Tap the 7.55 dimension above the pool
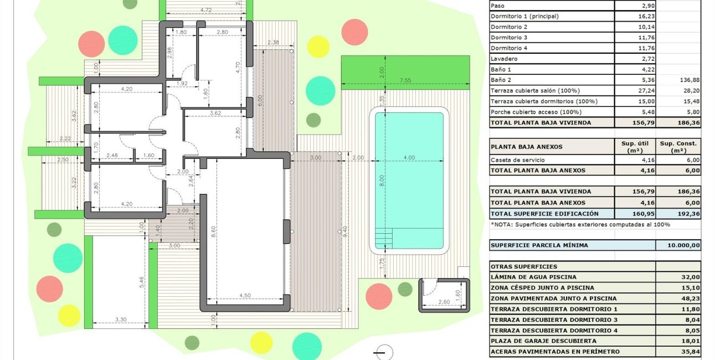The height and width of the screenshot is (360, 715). pos(405,80)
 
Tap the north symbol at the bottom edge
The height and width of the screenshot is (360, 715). pos(383,353)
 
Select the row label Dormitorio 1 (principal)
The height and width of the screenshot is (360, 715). pos(524,16)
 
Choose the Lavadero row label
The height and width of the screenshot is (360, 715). pos(504,59)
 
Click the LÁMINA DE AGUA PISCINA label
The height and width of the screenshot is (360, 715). pos(533,277)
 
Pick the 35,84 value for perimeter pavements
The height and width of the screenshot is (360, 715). pos(690,351)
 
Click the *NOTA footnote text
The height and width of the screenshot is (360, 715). pos(580,224)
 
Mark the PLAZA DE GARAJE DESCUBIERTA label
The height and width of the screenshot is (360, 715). pos(543,341)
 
